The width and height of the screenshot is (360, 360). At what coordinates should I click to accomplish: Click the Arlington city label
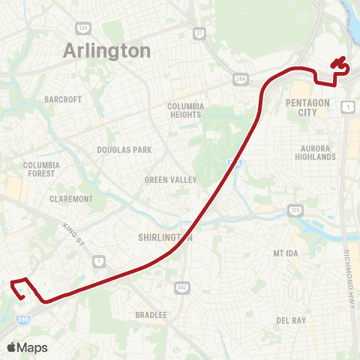107,51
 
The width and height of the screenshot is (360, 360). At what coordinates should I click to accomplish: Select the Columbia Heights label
186,111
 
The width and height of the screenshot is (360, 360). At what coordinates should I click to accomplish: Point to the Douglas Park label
124,150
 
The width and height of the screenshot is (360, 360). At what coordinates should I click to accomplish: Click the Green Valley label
170,180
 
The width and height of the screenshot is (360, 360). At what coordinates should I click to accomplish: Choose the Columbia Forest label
40,169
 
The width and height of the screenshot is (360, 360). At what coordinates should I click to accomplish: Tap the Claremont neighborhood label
70,199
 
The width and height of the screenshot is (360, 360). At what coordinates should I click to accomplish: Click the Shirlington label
166,238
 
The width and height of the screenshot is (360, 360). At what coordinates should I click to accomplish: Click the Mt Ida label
286,253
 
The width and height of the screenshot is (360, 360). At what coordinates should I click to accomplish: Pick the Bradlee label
151,315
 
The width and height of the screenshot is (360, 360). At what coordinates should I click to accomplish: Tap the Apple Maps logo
27,347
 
